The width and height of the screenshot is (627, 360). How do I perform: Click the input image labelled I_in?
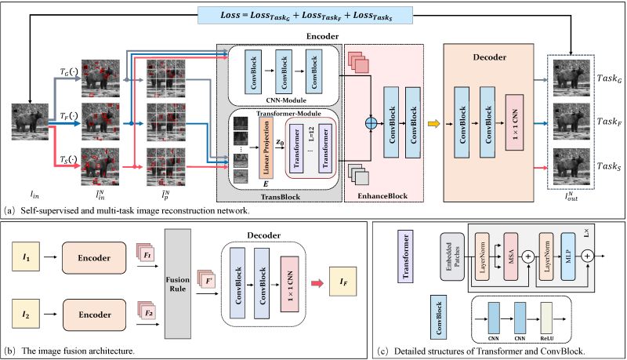(29, 124)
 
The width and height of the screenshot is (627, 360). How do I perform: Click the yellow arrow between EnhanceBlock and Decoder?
(433, 123)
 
